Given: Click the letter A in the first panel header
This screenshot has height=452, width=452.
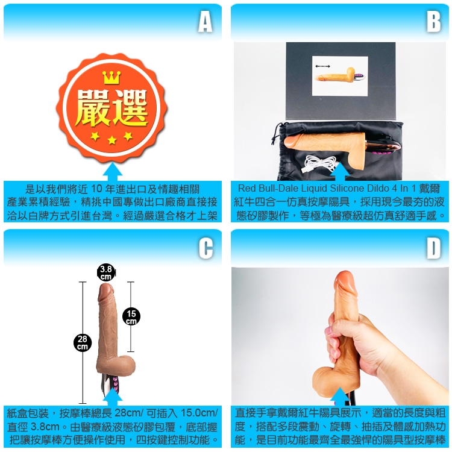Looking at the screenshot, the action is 206,22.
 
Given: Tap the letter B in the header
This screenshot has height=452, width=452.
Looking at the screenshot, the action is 433,22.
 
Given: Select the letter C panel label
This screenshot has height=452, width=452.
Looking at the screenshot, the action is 206,248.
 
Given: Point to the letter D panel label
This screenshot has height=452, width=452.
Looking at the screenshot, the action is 433,248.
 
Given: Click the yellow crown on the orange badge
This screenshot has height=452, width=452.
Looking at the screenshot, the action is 111,78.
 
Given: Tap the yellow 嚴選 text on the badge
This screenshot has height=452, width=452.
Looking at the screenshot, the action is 111,107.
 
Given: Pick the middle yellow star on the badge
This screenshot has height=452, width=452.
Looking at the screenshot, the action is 112,140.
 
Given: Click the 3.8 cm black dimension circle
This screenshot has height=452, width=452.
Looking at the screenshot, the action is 106,272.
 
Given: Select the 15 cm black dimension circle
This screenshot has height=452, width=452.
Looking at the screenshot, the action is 131,316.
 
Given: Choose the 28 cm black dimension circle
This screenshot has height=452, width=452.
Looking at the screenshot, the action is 83,342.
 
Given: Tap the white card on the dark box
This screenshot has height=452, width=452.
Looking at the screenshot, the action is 340,76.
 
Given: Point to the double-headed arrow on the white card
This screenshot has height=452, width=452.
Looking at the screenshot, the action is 322,66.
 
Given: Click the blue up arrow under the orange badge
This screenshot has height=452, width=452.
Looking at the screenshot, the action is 113,172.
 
